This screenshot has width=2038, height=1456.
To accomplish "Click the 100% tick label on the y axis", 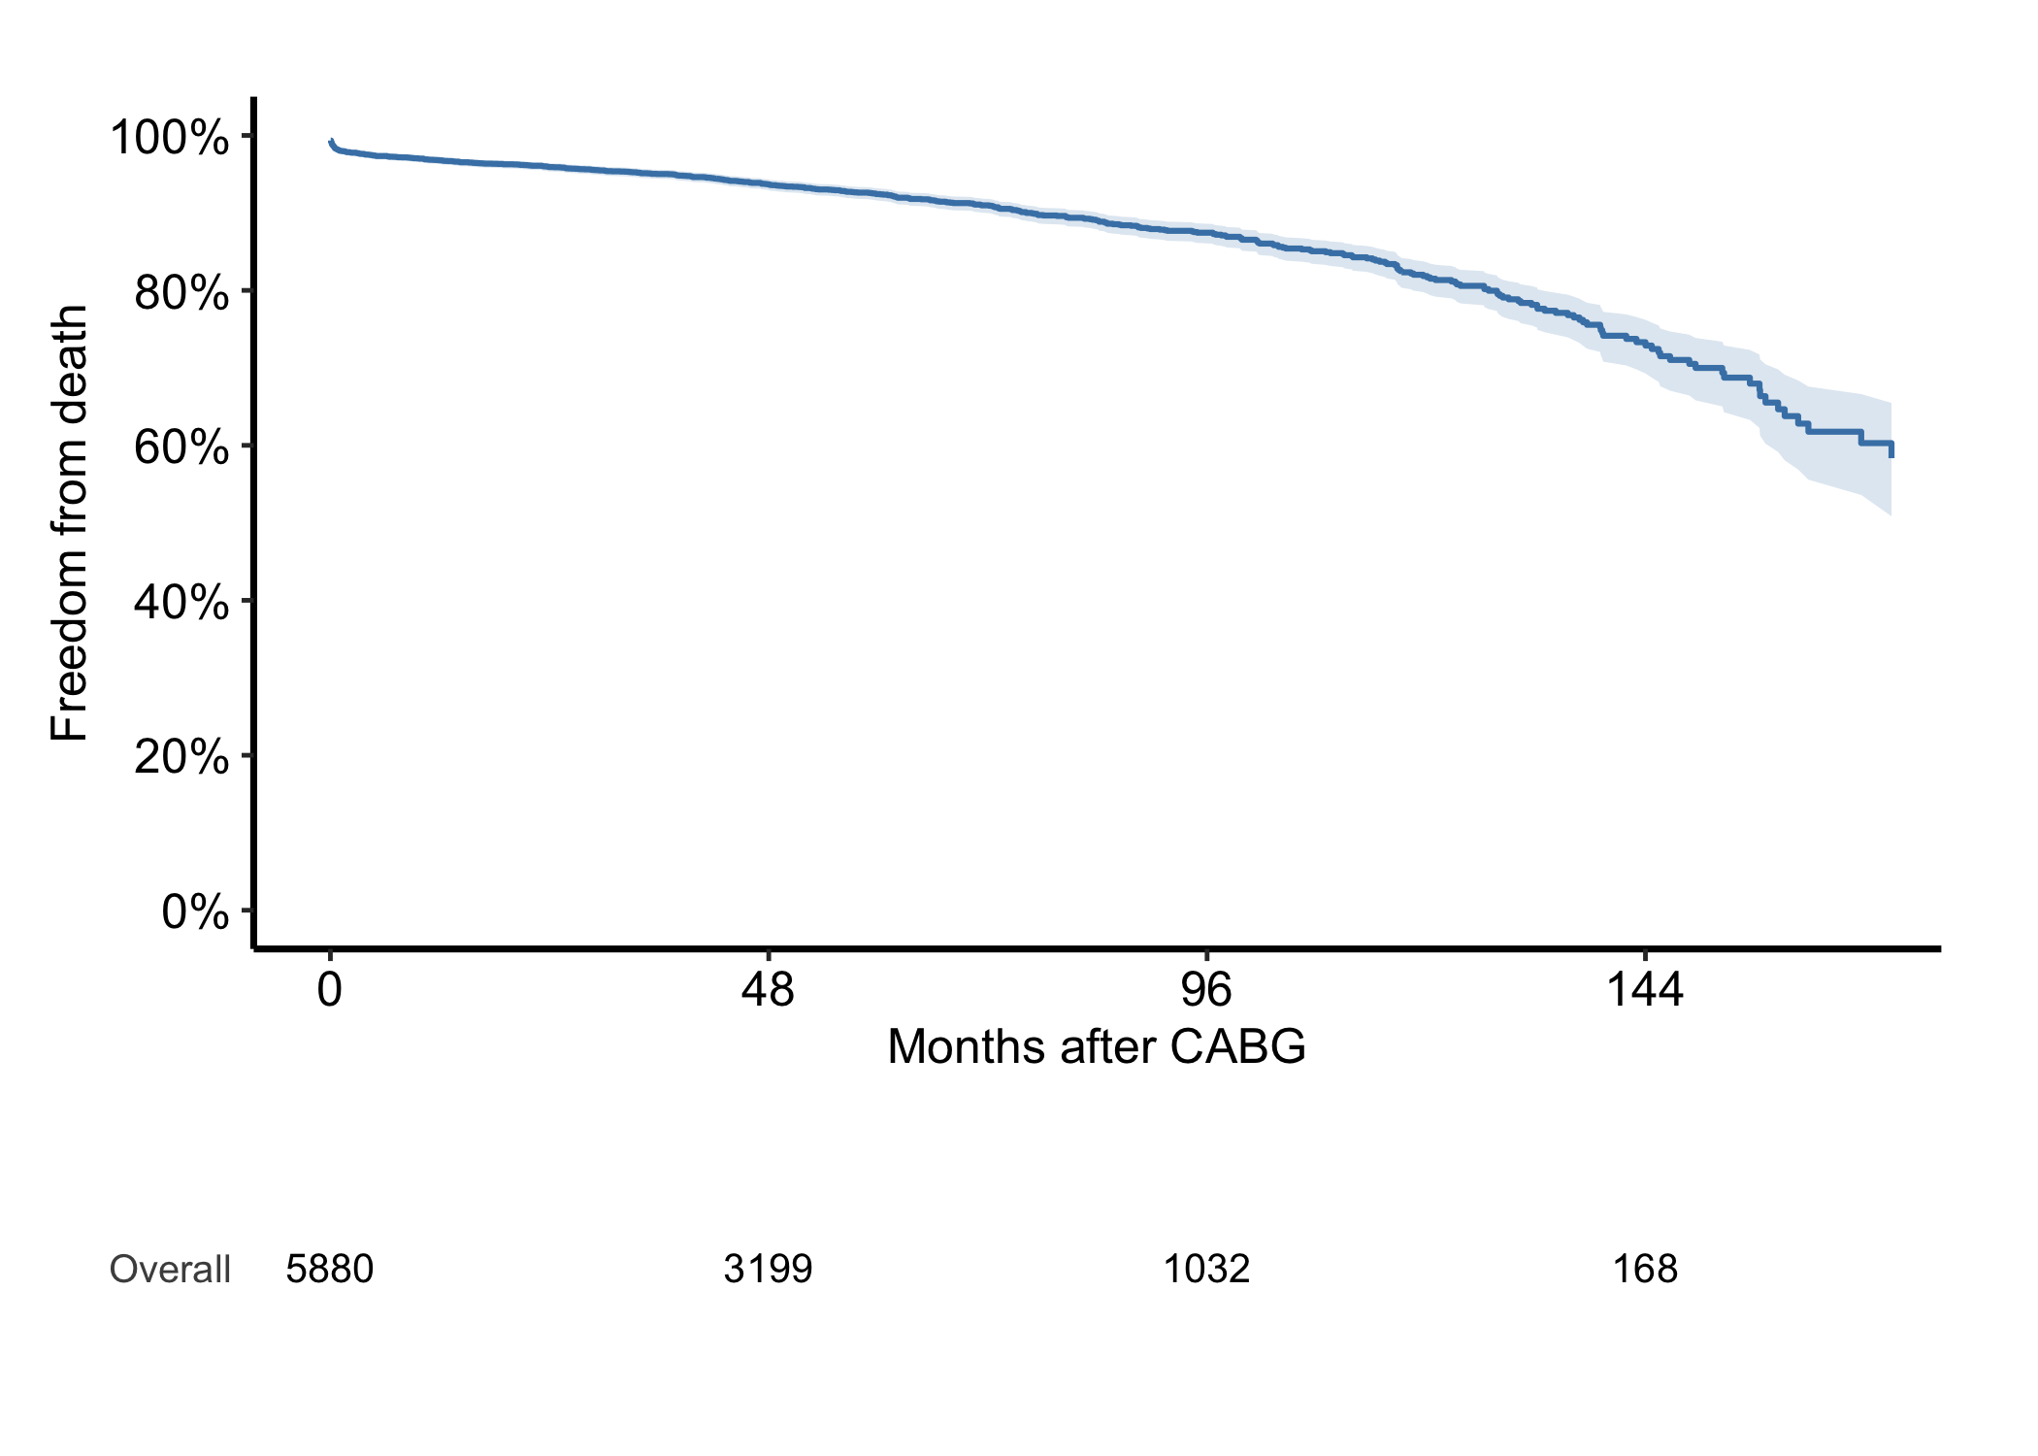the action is [x=170, y=137].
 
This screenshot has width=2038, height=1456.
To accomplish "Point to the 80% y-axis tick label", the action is [x=181, y=292].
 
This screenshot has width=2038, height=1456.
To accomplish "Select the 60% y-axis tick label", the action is [x=181, y=447].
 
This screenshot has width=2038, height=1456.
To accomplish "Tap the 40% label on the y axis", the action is [x=181, y=602].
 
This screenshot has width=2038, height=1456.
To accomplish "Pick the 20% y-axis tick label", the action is [x=181, y=756].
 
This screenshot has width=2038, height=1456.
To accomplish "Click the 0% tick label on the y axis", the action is [x=195, y=911].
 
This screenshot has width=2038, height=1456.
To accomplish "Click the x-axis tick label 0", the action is [x=330, y=990].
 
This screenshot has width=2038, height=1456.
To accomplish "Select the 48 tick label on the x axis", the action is [x=768, y=990].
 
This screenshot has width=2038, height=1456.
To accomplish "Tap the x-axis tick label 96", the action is [x=1206, y=990].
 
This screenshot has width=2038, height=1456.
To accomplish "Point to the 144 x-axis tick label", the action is [x=1645, y=990].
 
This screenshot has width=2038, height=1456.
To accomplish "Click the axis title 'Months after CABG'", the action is [x=1097, y=1046].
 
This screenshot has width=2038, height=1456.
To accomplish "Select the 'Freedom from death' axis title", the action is [x=69, y=523].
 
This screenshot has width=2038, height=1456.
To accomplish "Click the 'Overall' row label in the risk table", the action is [x=170, y=1270].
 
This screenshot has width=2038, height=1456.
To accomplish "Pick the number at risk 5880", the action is [x=330, y=1270].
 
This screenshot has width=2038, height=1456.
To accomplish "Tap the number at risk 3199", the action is [x=768, y=1270].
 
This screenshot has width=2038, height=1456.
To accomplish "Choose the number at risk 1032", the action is [x=1206, y=1270].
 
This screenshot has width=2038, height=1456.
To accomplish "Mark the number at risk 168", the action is [x=1645, y=1270].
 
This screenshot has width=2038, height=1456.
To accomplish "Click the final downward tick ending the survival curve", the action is [x=1891, y=449].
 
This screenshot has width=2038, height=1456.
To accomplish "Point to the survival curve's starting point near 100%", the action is [x=331, y=141].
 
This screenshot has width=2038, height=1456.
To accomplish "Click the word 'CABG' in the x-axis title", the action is [x=1238, y=1046].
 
